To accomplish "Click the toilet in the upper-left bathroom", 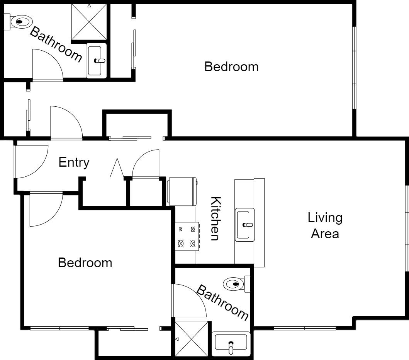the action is (x=18, y=22).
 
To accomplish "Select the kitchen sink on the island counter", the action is (x=245, y=225).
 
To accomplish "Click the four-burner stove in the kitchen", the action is (x=187, y=236).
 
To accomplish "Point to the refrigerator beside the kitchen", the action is (x=182, y=191).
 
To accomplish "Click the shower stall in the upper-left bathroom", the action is (x=89, y=22).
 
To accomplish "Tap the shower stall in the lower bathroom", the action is (x=192, y=339).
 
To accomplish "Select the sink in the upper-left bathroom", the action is (x=96, y=61).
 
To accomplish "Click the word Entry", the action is (x=74, y=162).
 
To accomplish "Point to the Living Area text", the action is (x=325, y=226).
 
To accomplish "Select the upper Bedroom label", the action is (x=231, y=67).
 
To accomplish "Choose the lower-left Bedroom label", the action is (x=85, y=263).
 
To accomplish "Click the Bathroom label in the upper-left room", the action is (x=56, y=44).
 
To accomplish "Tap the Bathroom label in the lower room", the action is (x=222, y=302).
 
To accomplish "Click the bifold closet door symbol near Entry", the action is (x=117, y=167).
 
